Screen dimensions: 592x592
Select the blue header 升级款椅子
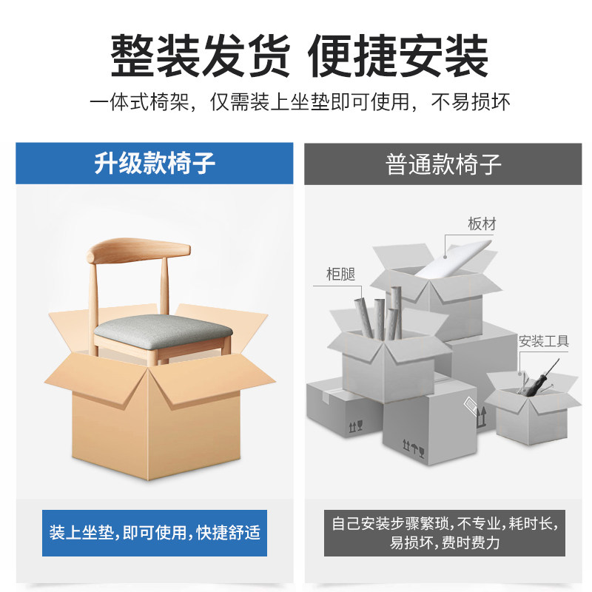154,164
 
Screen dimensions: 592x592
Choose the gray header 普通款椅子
443,164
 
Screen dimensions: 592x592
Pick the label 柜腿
340,274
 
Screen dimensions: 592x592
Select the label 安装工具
543,341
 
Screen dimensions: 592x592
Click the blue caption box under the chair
154,532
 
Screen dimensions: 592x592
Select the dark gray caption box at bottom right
443,532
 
